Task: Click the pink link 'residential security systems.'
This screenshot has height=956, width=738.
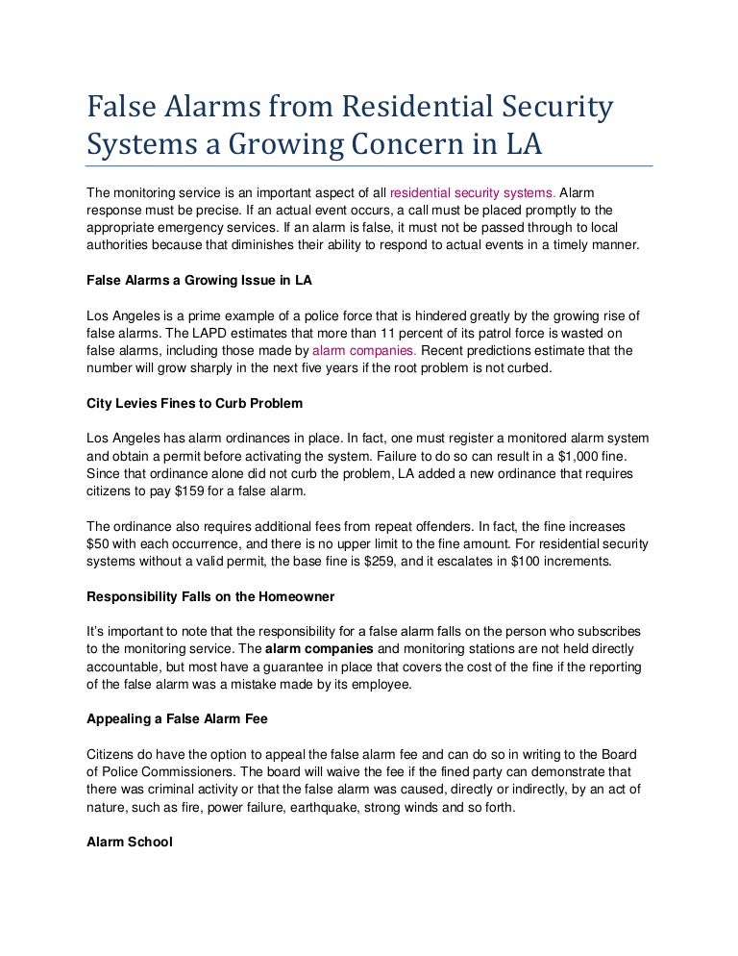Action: click(472, 191)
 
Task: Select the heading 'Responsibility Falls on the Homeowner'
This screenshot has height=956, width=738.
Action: click(210, 596)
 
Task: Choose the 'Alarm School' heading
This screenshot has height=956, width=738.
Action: click(130, 842)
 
